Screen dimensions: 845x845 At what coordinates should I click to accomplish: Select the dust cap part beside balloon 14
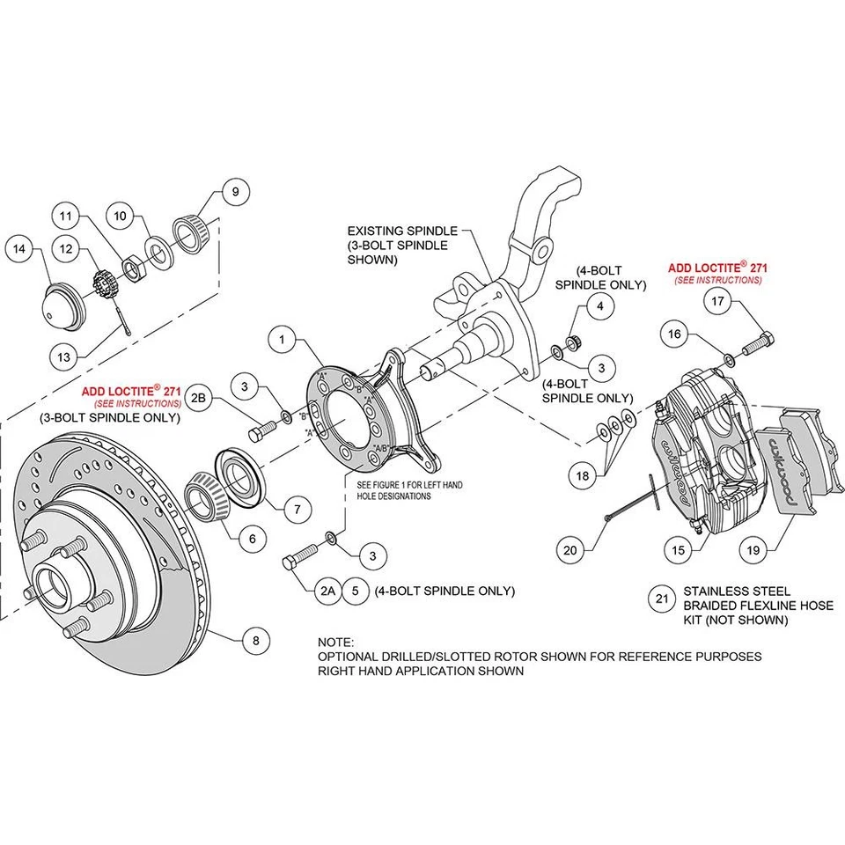[61, 306]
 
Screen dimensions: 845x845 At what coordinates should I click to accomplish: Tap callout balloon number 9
[235, 191]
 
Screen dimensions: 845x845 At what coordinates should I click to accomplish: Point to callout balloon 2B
[199, 398]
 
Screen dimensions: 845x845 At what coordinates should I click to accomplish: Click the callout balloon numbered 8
[256, 641]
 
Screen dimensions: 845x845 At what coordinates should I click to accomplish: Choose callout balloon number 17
[717, 300]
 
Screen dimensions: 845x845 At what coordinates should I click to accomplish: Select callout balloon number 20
[571, 550]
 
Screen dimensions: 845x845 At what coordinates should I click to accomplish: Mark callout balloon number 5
[355, 591]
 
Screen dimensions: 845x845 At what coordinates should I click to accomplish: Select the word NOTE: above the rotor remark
[335, 643]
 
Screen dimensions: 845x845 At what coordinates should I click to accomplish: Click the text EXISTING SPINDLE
[402, 230]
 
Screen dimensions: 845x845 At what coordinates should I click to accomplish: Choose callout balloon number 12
[66, 251]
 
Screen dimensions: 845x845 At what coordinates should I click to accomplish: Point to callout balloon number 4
[599, 306]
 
